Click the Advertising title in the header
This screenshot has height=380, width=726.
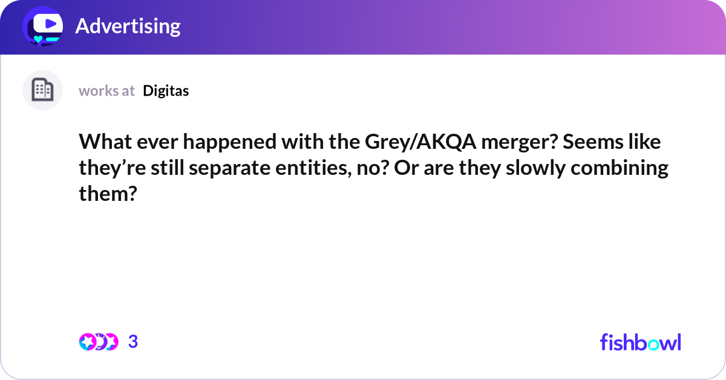128,26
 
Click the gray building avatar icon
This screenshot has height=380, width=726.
42,90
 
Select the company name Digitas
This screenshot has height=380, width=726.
166,91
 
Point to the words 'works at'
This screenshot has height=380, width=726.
106,91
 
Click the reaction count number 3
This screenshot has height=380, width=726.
133,342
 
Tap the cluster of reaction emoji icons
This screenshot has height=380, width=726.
98,342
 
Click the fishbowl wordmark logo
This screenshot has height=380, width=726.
640,342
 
